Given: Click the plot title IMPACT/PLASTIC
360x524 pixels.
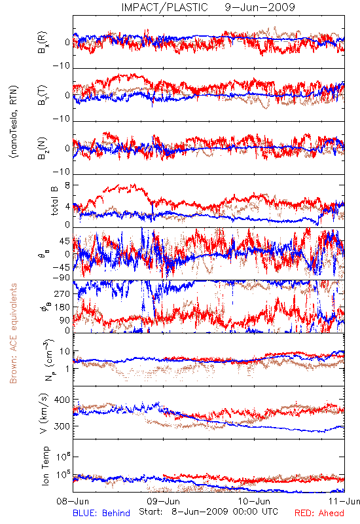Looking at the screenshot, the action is click(x=164, y=7).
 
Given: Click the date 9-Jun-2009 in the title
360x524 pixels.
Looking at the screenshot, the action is click(x=260, y=7).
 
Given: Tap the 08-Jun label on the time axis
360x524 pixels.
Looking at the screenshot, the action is click(x=73, y=501).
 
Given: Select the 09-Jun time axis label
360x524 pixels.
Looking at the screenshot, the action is click(x=164, y=501).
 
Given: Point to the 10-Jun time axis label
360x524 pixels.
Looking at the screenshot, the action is click(x=254, y=501).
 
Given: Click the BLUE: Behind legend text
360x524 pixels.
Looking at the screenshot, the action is click(x=101, y=513).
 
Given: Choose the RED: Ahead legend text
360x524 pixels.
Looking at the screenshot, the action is click(x=319, y=513).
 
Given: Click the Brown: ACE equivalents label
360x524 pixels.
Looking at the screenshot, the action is click(x=13, y=333).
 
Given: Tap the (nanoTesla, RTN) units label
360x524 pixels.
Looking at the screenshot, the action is click(x=14, y=122).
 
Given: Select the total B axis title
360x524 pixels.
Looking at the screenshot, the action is click(x=54, y=201).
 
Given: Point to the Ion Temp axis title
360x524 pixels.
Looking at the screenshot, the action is click(x=45, y=466).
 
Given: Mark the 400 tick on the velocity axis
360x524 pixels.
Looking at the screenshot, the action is click(x=62, y=400).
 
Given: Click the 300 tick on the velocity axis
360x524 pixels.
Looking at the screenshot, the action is click(x=62, y=426).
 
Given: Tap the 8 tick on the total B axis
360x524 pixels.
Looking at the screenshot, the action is click(x=67, y=185).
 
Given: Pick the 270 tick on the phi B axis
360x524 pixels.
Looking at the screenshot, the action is click(x=62, y=293).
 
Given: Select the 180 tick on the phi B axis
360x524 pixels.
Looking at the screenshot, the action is click(x=62, y=307).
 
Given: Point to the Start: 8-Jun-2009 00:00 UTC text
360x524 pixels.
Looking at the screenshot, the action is click(x=208, y=512).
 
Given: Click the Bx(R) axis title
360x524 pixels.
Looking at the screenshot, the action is click(x=43, y=43).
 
